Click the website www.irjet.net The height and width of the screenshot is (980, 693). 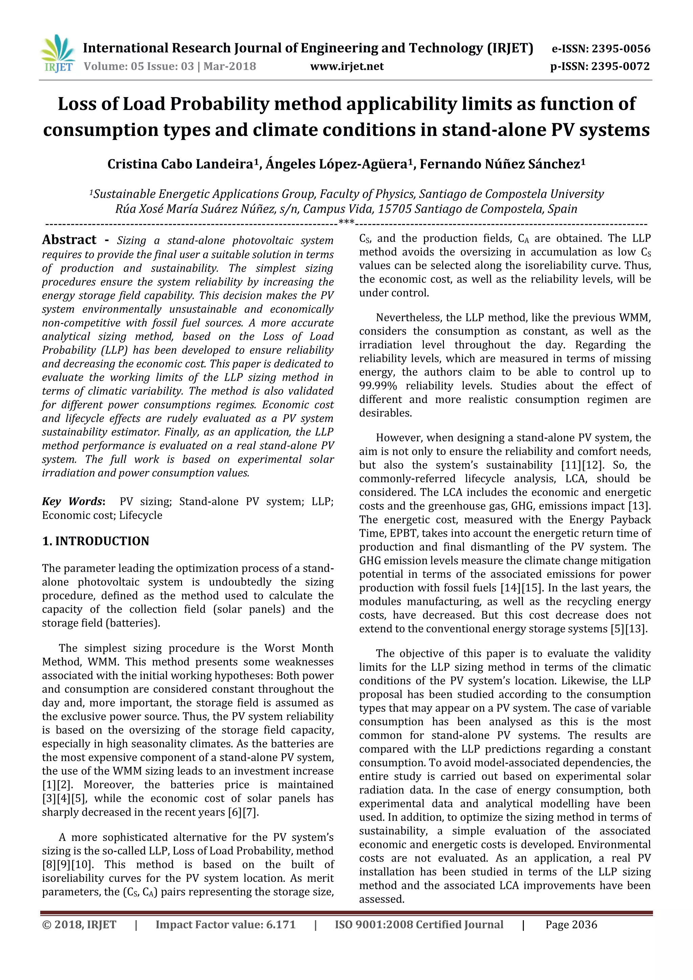347,67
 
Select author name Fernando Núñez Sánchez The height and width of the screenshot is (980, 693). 502,164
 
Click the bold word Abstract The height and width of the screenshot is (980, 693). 69,240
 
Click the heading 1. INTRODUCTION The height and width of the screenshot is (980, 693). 96,541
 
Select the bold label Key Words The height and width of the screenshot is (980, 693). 73,502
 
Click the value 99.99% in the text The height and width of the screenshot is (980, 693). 378,386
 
